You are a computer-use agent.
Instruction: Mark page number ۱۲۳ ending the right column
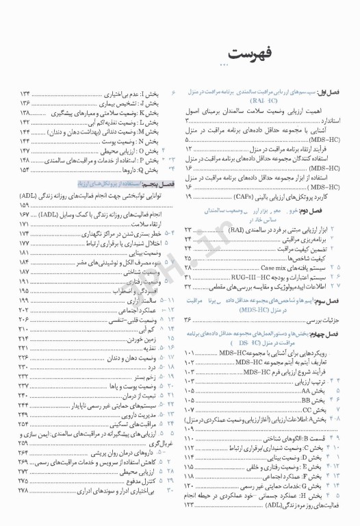coord(194,505)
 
